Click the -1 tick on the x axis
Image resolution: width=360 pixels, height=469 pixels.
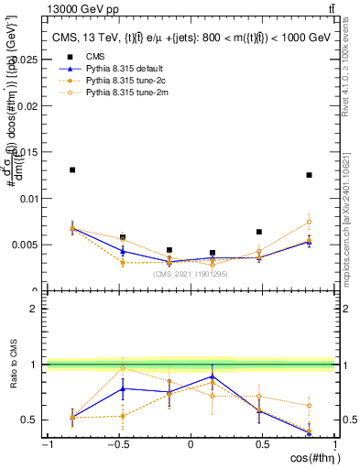pos(46,446)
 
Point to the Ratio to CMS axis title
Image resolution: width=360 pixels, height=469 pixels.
pos(13,366)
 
